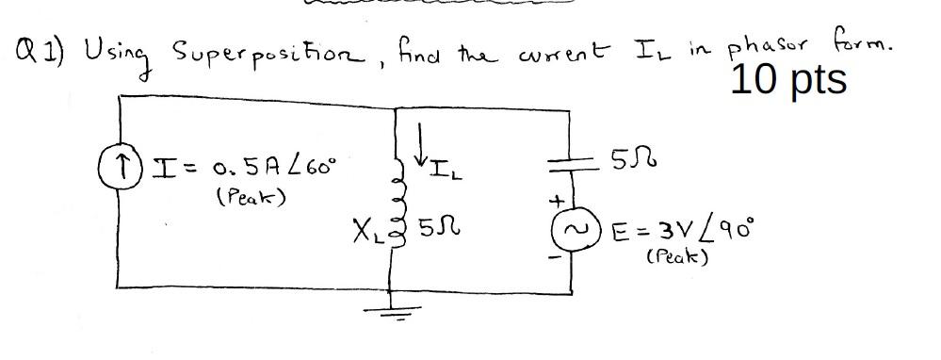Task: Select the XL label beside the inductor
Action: [362, 229]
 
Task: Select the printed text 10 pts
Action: [788, 81]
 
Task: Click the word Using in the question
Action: [113, 49]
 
